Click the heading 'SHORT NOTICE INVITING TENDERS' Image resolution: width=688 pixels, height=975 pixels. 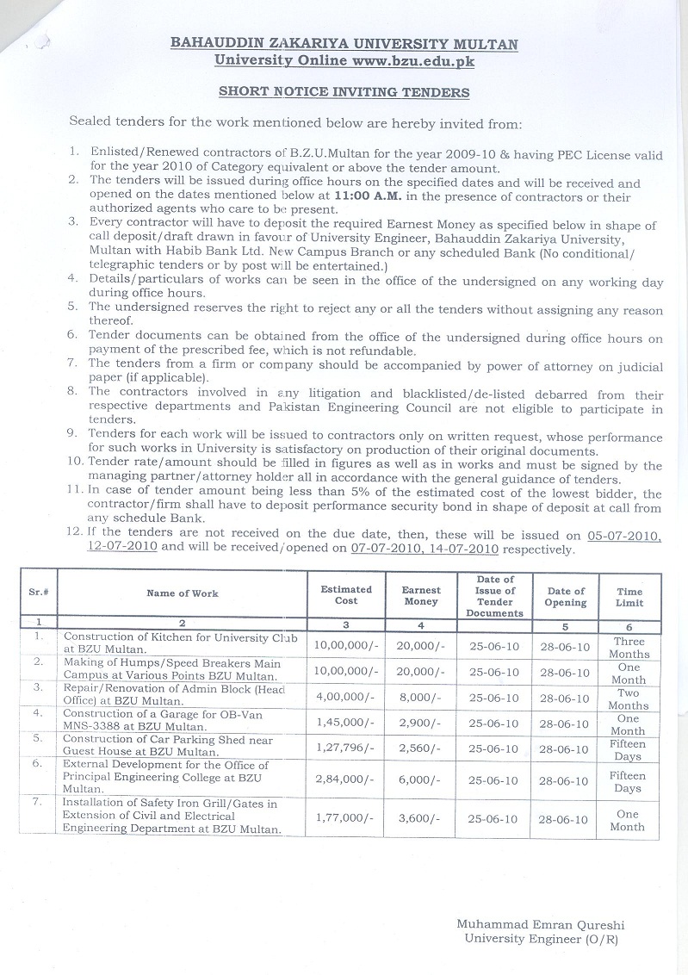point(344,91)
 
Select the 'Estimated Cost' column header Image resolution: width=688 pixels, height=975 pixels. point(346,595)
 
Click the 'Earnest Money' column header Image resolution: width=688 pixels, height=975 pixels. point(421,595)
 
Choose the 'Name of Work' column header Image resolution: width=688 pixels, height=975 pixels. point(183,593)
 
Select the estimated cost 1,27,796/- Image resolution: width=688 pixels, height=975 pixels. point(347,749)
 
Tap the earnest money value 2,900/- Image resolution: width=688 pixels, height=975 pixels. point(421,723)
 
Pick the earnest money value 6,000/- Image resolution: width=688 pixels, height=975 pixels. point(421,781)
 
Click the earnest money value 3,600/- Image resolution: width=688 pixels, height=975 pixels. point(421,820)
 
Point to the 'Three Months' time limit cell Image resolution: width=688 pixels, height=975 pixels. point(629,648)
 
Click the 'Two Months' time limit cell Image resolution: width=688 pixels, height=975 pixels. point(629,699)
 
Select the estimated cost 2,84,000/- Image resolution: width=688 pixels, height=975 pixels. point(347,781)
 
